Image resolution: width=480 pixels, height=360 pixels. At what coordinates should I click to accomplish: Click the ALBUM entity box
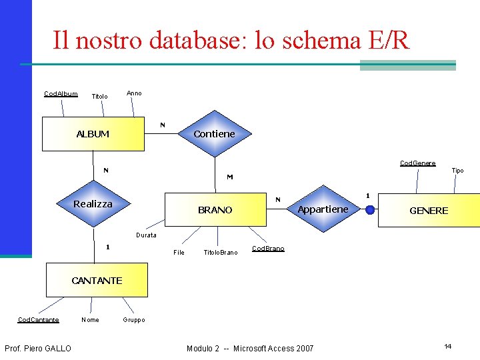click(x=93, y=134)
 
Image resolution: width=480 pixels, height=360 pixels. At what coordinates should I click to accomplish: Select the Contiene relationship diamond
click(x=214, y=134)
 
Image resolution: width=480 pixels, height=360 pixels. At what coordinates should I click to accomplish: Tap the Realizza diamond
click(x=93, y=204)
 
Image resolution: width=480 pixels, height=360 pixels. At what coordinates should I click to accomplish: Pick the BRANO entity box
click(x=215, y=210)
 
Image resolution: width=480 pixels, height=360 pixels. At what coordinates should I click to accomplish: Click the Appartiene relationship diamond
click(x=323, y=209)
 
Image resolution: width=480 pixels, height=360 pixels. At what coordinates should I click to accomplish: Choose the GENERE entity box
click(x=429, y=210)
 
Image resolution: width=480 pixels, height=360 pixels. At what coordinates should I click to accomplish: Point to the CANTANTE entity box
click(x=97, y=280)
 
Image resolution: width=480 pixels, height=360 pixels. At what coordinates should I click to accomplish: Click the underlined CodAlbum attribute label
click(x=61, y=94)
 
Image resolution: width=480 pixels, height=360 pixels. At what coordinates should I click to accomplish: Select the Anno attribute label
click(x=134, y=93)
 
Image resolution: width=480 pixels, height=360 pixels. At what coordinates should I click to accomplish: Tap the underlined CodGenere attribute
click(x=417, y=163)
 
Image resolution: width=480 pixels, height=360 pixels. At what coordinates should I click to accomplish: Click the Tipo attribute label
click(x=457, y=171)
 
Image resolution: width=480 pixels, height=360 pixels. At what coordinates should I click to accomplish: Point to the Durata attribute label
click(x=146, y=235)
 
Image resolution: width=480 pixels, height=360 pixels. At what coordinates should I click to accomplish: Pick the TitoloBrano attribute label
click(x=220, y=253)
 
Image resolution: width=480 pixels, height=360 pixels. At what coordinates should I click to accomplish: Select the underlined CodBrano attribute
click(x=268, y=249)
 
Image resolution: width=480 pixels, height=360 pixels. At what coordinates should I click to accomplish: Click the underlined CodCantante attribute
click(x=38, y=320)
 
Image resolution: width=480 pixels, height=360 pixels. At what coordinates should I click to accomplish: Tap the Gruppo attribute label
click(x=134, y=320)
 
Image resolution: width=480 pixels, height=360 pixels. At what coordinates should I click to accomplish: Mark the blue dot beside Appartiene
click(x=369, y=209)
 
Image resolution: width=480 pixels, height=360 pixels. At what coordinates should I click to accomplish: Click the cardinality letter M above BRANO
click(x=229, y=177)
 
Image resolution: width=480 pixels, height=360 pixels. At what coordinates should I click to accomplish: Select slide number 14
click(x=448, y=346)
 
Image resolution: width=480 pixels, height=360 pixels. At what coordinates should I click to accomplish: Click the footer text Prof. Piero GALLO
click(x=38, y=348)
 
